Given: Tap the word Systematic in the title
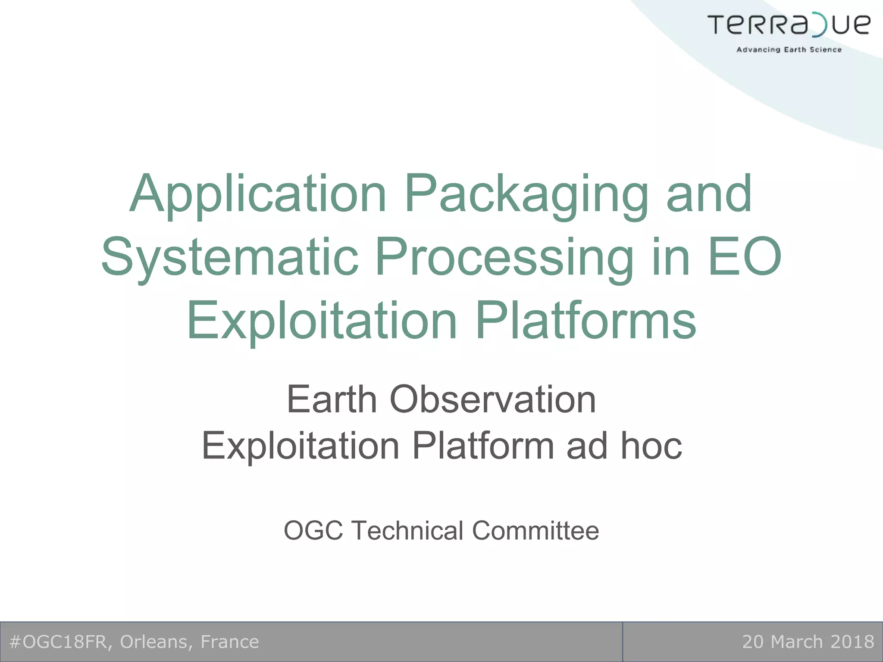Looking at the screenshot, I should click(x=229, y=257).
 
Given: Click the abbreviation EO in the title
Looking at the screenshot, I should click(x=745, y=257).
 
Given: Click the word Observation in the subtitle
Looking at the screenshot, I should click(x=493, y=400).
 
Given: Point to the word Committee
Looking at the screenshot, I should click(x=535, y=530).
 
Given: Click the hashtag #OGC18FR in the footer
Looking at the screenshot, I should click(x=58, y=642).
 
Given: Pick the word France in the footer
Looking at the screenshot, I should click(x=230, y=642).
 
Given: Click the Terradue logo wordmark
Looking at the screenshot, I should click(x=789, y=25).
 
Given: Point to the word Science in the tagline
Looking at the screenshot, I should click(x=826, y=50).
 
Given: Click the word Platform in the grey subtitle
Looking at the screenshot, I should click(x=483, y=446).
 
